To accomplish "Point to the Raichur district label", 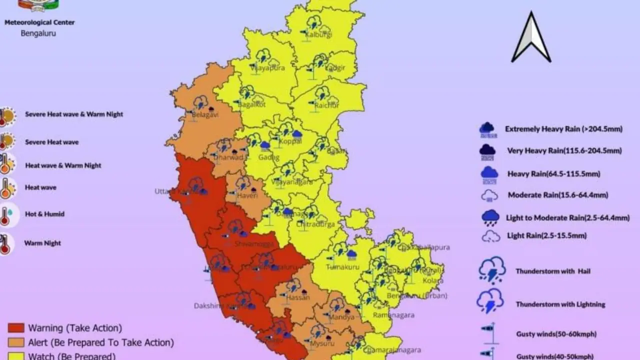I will pos(327,105).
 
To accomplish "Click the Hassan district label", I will pos(298,297).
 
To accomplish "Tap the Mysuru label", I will pos(322,343).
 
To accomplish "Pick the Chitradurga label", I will pos(315,224).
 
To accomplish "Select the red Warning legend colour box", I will pos(16,328).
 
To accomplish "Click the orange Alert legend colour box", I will pos(16,342).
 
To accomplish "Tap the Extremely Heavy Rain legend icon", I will pos(488,129).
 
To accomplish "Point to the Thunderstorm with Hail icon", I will pos(491,270).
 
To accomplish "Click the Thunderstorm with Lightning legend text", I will pos(560,304).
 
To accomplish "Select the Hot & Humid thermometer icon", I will pos(6,215).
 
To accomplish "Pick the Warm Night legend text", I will pos(42,243).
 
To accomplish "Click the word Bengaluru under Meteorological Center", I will pos(38,33).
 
